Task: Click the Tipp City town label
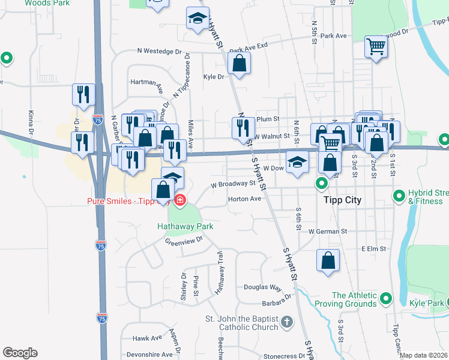[342, 200]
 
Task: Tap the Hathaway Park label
[185, 226]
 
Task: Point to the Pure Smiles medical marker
[179, 200]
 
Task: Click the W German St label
[328, 231]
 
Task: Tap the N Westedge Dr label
[159, 52]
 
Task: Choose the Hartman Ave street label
[147, 82]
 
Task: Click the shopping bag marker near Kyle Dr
[239, 64]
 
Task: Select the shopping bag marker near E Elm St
[328, 260]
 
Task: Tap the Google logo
[20, 353]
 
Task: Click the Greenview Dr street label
[184, 241]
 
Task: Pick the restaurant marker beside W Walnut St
[243, 128]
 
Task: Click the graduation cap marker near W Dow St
[297, 163]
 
